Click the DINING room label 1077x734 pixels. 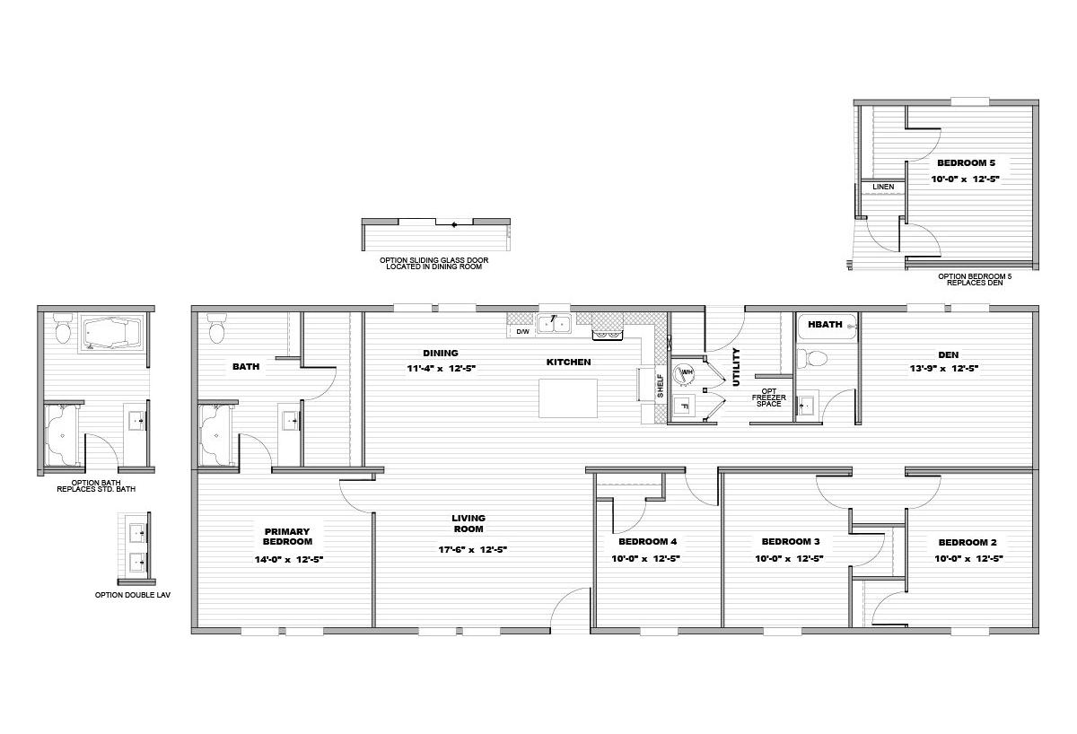pyautogui.click(x=441, y=354)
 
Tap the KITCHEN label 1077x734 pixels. pyautogui.click(x=568, y=363)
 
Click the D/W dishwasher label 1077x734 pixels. pyautogui.click(x=522, y=332)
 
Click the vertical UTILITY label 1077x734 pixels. pyautogui.click(x=736, y=367)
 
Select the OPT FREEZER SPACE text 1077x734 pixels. pyautogui.click(x=769, y=398)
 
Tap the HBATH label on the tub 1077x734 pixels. pyautogui.click(x=825, y=325)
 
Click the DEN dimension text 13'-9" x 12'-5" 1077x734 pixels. pyautogui.click(x=944, y=369)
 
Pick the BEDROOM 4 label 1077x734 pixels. pyautogui.click(x=648, y=542)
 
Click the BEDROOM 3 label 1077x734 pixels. pyautogui.click(x=791, y=542)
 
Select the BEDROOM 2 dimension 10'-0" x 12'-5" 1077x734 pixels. pyautogui.click(x=968, y=559)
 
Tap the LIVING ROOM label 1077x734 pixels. pyautogui.click(x=468, y=523)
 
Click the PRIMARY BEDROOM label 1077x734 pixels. pyautogui.click(x=287, y=537)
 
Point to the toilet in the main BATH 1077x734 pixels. pyautogui.click(x=217, y=328)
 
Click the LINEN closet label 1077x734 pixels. pyautogui.click(x=883, y=187)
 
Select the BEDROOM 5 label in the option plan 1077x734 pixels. pyautogui.click(x=966, y=163)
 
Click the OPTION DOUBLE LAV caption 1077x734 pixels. pyautogui.click(x=133, y=595)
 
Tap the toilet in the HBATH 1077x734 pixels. pyautogui.click(x=812, y=359)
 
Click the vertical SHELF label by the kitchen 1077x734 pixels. pyautogui.click(x=661, y=386)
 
